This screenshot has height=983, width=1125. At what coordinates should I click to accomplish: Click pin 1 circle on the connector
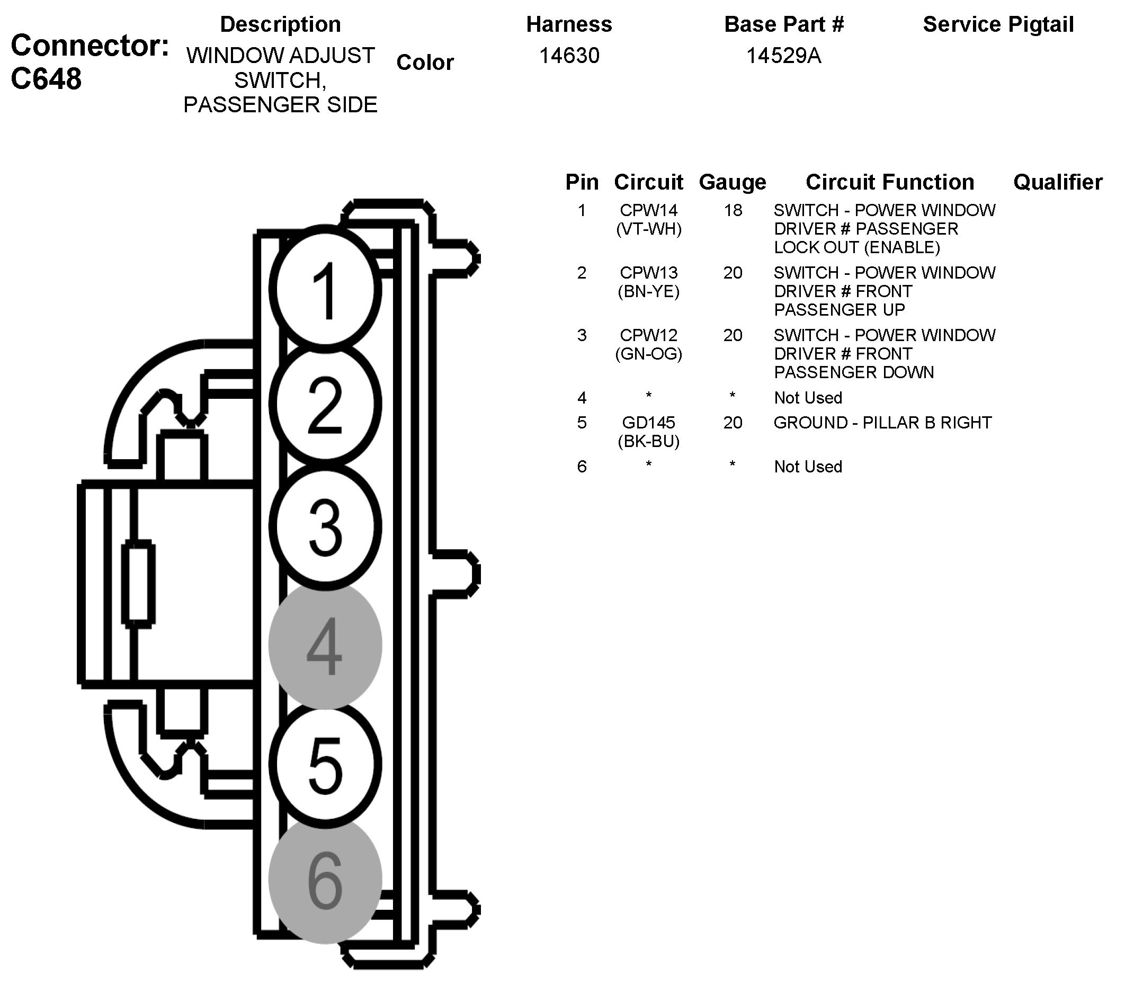[x=326, y=289]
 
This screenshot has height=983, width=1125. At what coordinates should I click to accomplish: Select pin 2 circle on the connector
[x=326, y=405]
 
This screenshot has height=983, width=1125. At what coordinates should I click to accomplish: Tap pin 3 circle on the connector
[x=326, y=526]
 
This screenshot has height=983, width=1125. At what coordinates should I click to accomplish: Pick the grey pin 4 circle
[x=325, y=646]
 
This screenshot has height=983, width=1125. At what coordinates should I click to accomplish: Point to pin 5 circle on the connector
[x=326, y=765]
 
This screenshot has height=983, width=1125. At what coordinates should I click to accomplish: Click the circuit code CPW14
[x=648, y=211]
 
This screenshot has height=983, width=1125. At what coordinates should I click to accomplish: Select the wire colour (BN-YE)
[x=648, y=291]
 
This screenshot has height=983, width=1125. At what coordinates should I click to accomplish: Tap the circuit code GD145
[x=648, y=423]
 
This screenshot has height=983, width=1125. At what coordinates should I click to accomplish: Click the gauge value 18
[x=733, y=211]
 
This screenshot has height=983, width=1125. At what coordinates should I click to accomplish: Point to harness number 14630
[x=569, y=56]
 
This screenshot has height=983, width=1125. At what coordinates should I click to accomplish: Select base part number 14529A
[x=784, y=56]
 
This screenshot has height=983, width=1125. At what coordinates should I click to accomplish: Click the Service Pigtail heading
[x=998, y=25]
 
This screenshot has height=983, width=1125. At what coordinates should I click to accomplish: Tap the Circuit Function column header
[x=890, y=182]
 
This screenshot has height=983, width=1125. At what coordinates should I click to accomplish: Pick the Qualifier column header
[x=1058, y=182]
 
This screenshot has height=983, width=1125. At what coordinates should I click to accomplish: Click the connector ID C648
[x=46, y=79]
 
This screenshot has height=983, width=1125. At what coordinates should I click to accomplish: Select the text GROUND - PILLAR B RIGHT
[x=882, y=423]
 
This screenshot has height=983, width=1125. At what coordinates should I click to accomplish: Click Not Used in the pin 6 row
[x=808, y=467]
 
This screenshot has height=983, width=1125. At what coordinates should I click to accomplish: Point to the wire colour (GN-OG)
[x=648, y=354]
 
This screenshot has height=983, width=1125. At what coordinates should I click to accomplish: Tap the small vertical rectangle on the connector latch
[x=138, y=583]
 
